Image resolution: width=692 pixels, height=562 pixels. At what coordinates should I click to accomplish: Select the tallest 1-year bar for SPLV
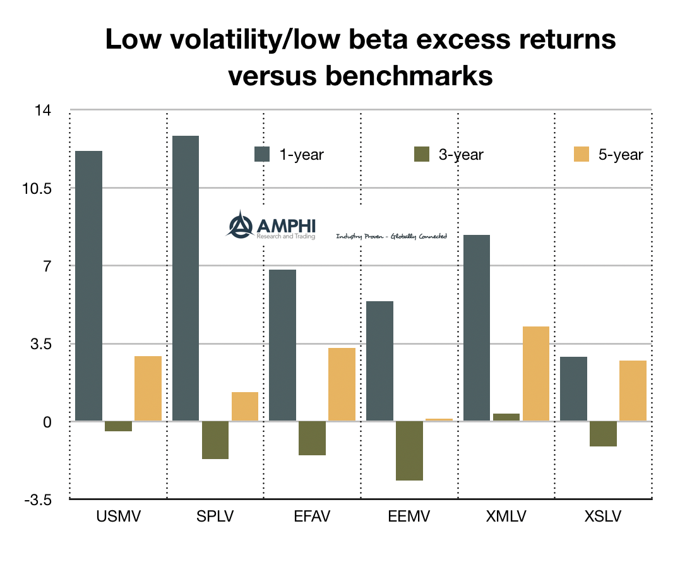pos(186,278)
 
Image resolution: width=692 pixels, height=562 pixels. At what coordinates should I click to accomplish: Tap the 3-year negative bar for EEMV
pos(379,450)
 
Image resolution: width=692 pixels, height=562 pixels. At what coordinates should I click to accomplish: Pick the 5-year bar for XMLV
pos(535,373)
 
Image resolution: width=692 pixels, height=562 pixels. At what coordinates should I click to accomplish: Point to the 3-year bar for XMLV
pos(506,417)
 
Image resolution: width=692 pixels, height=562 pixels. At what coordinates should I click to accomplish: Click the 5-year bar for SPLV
pos(245,406)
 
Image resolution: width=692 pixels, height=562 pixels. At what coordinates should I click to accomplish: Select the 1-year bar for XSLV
pos(573,388)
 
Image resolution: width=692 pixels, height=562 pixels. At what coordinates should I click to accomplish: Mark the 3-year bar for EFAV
pos(312,438)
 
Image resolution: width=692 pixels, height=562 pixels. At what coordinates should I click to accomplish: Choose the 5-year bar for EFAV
pos(342,384)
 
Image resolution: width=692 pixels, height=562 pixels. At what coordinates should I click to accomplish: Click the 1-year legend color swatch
pos(262,154)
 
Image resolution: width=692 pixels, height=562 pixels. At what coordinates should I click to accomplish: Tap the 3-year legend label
pos(461,155)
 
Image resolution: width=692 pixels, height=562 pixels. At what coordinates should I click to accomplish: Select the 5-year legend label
pos(621,155)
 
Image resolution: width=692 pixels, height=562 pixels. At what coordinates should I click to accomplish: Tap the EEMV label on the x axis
pos(409,517)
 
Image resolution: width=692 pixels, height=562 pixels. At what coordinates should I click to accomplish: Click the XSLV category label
pos(603,517)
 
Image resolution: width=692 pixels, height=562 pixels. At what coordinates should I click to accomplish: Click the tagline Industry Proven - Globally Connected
pos(391,236)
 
